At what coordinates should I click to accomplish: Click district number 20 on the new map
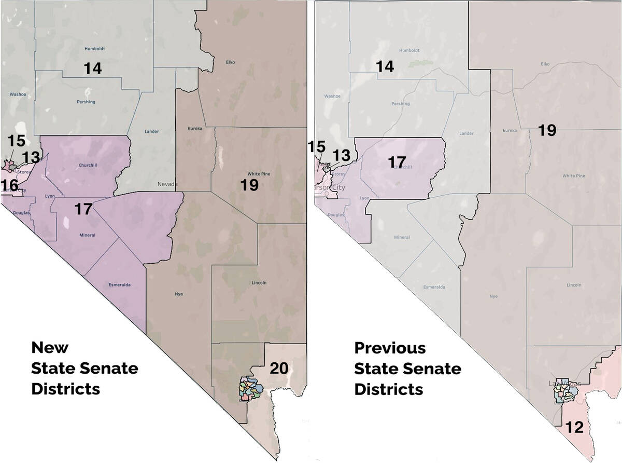[279, 369]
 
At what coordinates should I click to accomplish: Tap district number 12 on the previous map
[575, 428]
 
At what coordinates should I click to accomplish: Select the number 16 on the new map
[9, 185]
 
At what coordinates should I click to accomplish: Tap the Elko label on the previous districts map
[545, 64]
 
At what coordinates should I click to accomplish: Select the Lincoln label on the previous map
[574, 285]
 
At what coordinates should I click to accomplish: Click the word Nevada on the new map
[168, 184]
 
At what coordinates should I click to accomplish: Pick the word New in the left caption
[50, 347]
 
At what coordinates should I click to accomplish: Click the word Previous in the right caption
[390, 348]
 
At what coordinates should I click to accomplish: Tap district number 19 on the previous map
[546, 130]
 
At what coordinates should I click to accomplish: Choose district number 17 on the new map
[83, 209]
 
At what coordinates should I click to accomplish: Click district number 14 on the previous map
[385, 66]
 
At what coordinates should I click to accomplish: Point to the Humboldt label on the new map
[95, 49]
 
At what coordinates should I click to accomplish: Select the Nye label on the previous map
[493, 296]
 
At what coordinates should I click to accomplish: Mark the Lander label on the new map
[152, 131]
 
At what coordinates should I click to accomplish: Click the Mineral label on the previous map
[402, 237]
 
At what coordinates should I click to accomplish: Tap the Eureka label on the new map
[195, 128]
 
